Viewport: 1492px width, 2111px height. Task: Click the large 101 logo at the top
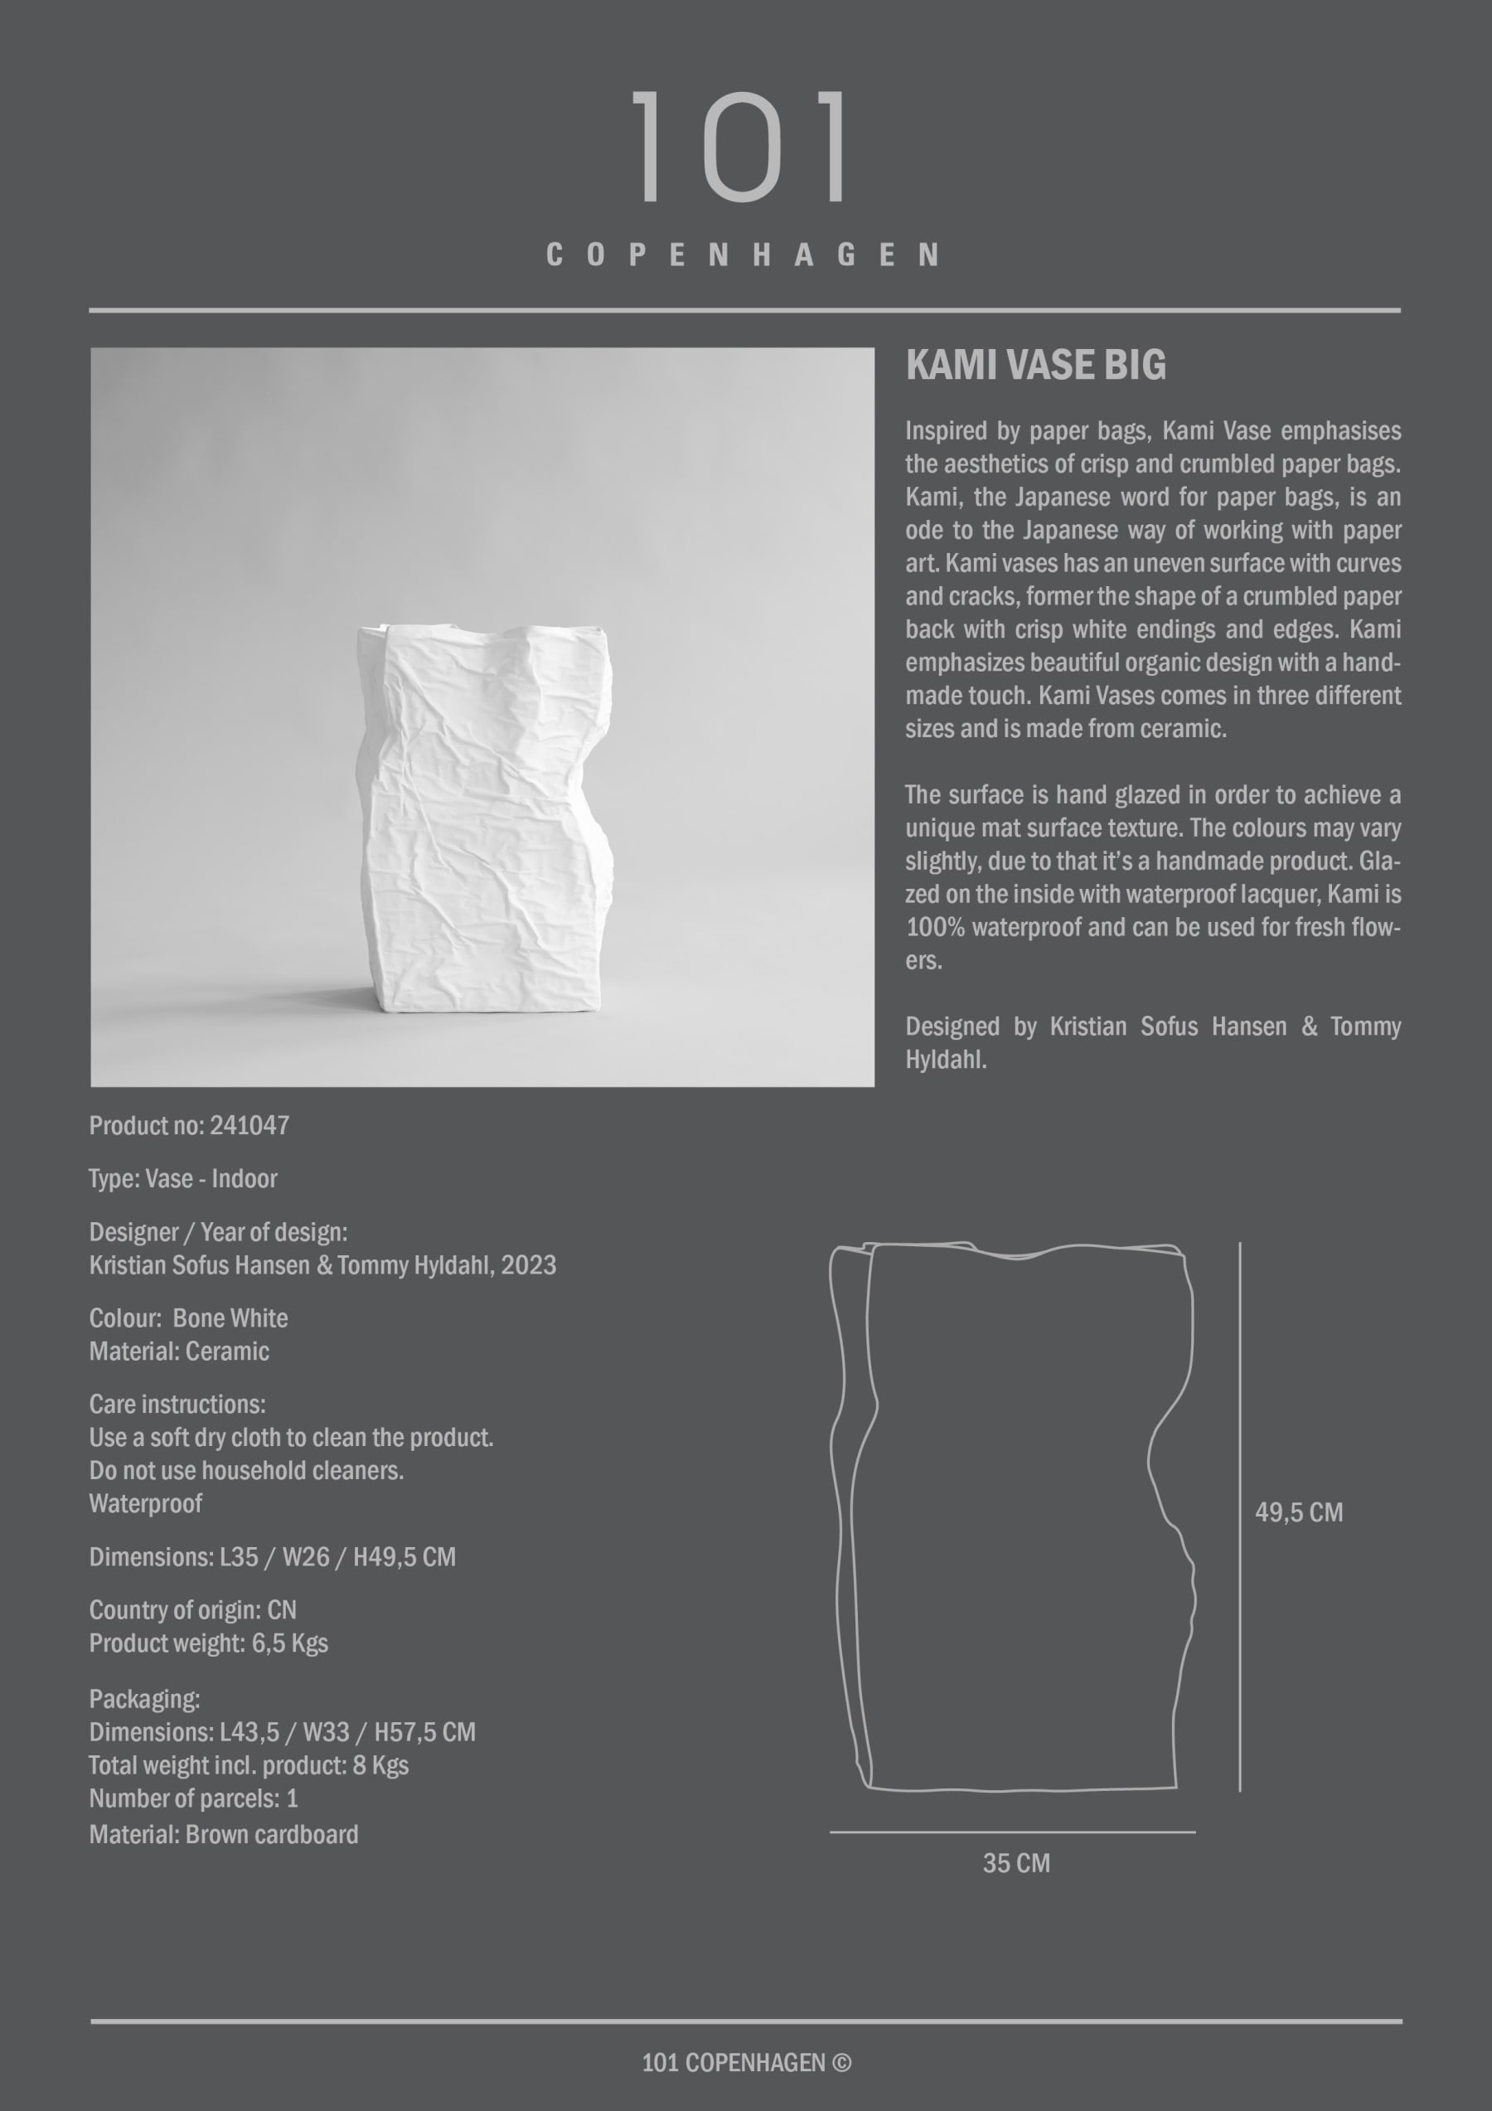click(742, 147)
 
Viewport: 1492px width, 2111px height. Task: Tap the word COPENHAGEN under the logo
click(742, 255)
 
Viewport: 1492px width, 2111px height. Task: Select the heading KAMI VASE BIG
click(1035, 365)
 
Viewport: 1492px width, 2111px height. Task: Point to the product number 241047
click(249, 1125)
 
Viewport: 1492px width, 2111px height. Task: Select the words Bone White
click(230, 1318)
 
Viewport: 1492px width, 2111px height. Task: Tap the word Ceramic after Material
click(227, 1352)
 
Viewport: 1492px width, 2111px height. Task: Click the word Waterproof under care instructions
click(145, 1503)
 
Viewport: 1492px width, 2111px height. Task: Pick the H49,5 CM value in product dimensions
click(404, 1556)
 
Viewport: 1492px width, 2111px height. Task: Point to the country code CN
click(281, 1610)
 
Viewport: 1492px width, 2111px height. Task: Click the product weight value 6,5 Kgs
click(289, 1643)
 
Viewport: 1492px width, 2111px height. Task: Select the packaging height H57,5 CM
click(424, 1732)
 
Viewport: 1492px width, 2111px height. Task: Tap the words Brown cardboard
click(271, 1834)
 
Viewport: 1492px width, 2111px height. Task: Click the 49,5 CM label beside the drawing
click(1298, 1512)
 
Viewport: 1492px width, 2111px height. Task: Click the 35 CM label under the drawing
click(1016, 1863)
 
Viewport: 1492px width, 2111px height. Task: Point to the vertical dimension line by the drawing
click(1239, 1517)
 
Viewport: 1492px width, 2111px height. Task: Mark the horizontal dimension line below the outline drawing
click(1012, 1832)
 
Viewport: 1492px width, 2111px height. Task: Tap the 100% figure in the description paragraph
click(935, 928)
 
